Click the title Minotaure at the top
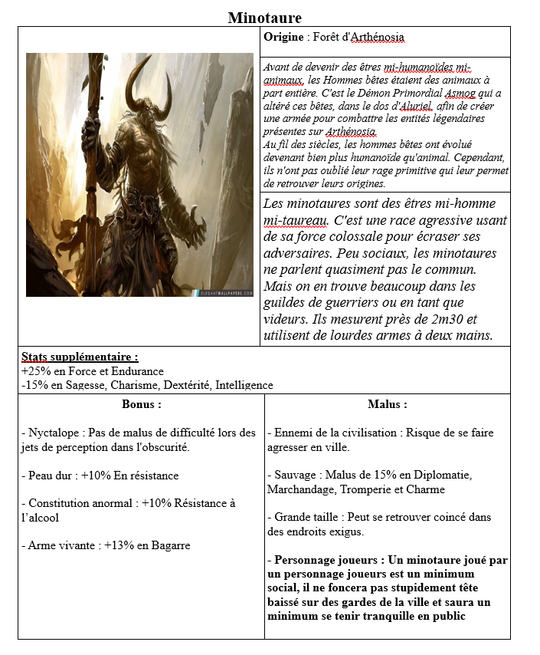click(264, 18)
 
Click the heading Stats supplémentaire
click(80, 357)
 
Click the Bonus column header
click(141, 404)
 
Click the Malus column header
click(387, 404)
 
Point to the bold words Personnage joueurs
click(322, 560)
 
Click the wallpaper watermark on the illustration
click(217, 292)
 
